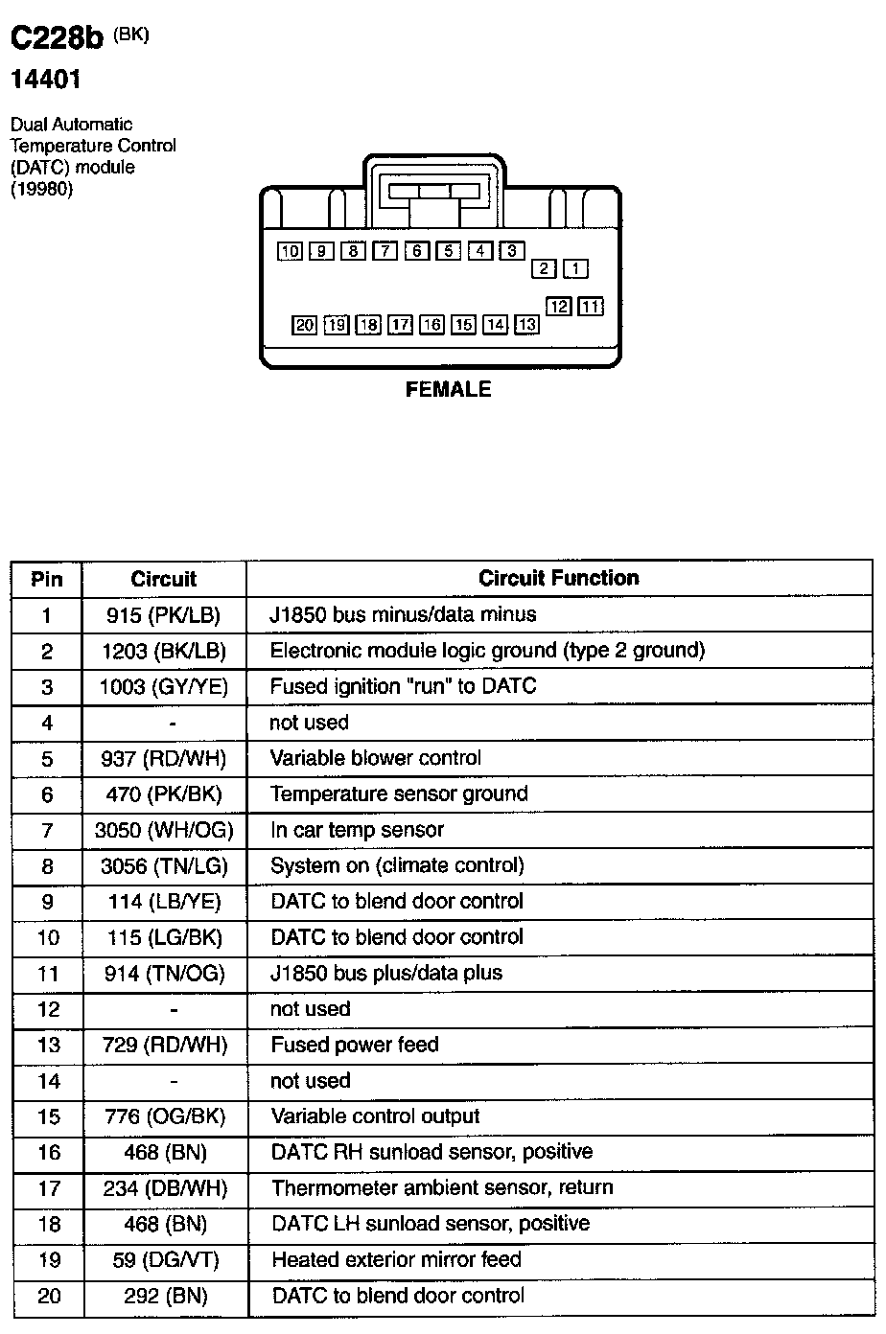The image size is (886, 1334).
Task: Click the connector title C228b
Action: pyautogui.click(x=56, y=38)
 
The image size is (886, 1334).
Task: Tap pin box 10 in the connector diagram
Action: pyautogui.click(x=290, y=251)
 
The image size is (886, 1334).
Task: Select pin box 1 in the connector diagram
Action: pyautogui.click(x=575, y=269)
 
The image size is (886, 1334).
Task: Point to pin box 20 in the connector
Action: pyautogui.click(x=305, y=325)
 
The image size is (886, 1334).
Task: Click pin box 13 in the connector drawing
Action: pyautogui.click(x=526, y=325)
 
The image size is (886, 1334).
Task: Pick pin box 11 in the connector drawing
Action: pyautogui.click(x=592, y=307)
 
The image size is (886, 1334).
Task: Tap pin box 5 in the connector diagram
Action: pyautogui.click(x=448, y=251)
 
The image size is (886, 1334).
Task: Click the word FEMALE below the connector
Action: pyautogui.click(x=448, y=389)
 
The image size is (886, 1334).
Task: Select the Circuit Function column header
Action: pyautogui.click(x=558, y=579)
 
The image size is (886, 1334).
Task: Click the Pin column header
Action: pyautogui.click(x=47, y=579)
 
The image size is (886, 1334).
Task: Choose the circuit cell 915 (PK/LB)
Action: pyautogui.click(x=163, y=615)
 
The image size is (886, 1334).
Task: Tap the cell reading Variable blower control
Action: pyautogui.click(x=376, y=758)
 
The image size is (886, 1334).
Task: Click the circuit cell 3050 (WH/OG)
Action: pyautogui.click(x=163, y=830)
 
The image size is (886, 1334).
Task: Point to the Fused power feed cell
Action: pyautogui.click(x=355, y=1045)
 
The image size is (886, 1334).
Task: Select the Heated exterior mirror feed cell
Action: pyautogui.click(x=396, y=1259)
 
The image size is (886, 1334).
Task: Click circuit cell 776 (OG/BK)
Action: pyautogui.click(x=163, y=1116)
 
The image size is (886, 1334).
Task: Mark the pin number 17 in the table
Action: pyautogui.click(x=48, y=1188)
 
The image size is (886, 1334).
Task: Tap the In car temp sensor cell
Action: pyautogui.click(x=358, y=830)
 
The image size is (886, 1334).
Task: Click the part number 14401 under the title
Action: pyautogui.click(x=45, y=80)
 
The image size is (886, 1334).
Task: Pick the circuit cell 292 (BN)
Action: pyautogui.click(x=165, y=1297)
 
